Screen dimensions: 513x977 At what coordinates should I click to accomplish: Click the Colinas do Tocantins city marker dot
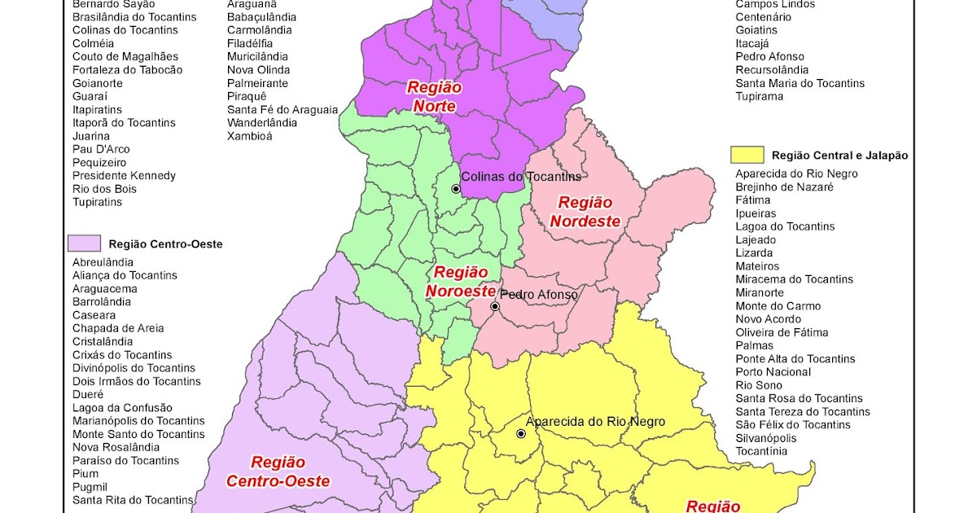[456, 189]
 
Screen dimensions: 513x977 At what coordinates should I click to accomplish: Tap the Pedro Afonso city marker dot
[494, 307]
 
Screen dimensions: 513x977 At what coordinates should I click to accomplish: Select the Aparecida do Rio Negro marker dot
[521, 433]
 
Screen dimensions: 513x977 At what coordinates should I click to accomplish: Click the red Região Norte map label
[434, 97]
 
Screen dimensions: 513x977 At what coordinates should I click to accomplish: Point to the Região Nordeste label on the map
[585, 212]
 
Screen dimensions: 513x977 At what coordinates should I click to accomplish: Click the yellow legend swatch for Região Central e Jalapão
[747, 155]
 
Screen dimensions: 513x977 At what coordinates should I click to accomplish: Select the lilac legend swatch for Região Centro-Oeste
[84, 243]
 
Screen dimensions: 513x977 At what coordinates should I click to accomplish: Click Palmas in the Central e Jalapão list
[754, 345]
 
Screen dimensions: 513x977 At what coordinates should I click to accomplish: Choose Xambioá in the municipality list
[250, 136]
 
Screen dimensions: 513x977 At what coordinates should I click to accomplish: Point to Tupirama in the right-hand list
[759, 96]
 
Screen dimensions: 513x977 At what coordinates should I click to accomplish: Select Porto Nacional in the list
[773, 372]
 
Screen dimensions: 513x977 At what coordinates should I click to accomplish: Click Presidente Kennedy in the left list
[124, 176]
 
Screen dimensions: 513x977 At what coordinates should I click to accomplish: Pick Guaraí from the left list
[90, 96]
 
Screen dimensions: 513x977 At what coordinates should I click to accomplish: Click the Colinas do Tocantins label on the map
[521, 177]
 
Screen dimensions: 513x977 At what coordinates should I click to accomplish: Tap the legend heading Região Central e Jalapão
[839, 156]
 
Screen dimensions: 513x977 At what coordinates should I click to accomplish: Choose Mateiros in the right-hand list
[757, 266]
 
